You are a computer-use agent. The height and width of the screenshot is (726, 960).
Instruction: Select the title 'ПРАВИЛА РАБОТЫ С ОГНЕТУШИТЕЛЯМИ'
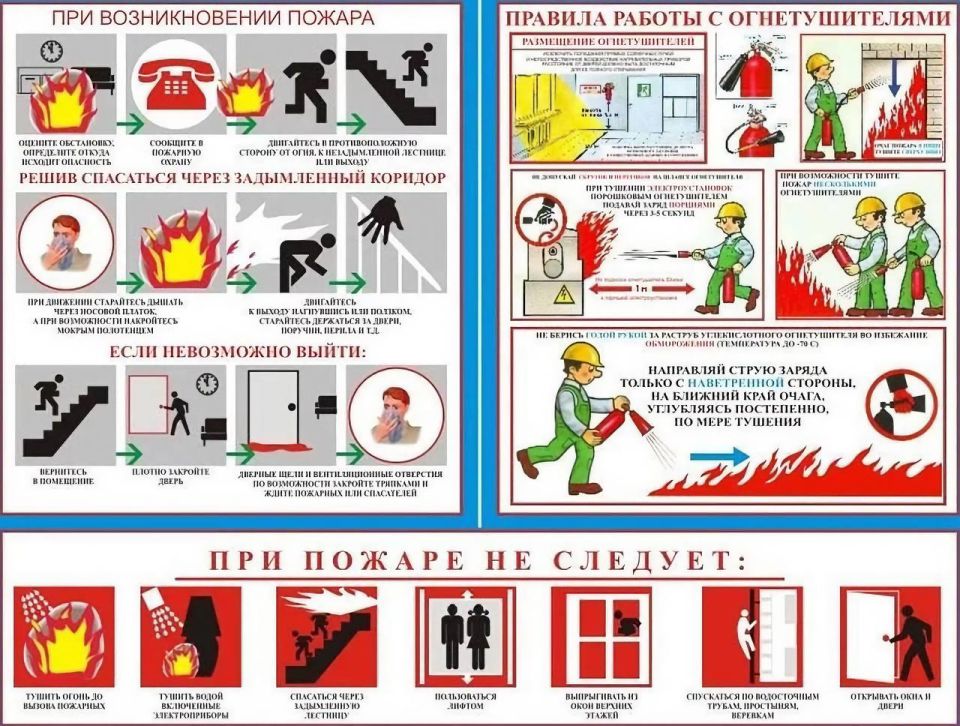tap(727, 19)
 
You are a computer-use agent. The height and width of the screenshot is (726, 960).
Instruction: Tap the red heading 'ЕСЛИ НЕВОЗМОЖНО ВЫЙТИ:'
tap(235, 351)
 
